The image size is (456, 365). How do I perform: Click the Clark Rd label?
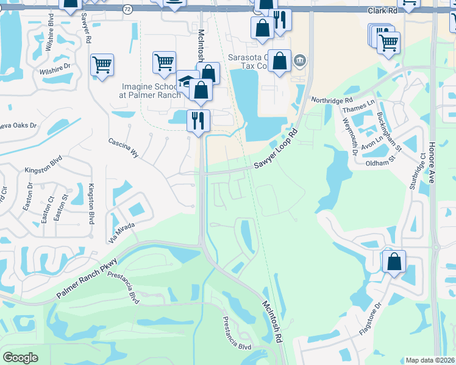(383, 11)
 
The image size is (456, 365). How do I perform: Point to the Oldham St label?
(380, 164)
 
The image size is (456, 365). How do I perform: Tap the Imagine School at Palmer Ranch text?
(150, 91)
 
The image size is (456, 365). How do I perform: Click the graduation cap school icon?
(187, 81)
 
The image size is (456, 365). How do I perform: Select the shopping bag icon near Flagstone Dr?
(394, 262)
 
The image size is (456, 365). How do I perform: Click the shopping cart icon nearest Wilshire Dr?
(102, 64)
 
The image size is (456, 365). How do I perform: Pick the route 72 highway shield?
(126, 9)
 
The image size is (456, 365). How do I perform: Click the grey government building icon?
(299, 60)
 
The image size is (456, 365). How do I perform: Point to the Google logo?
(20, 358)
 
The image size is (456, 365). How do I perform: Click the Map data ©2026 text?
(430, 360)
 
